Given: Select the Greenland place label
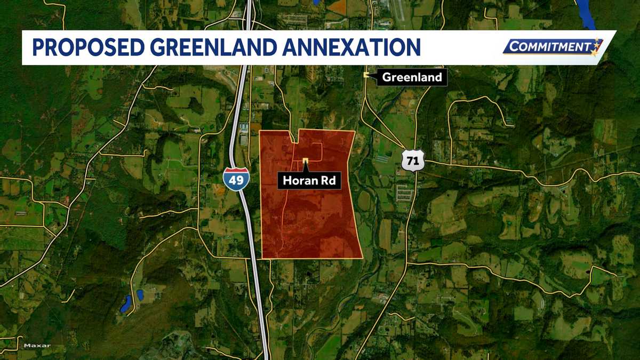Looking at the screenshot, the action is (412, 77).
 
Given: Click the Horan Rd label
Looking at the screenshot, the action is (309, 181).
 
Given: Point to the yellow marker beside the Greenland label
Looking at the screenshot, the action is (366, 75).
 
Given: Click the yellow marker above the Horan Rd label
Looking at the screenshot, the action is (305, 161).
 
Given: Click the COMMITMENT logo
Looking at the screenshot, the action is (553, 47).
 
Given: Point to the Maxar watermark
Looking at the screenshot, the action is (37, 346).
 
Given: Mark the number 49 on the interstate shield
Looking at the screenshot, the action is (235, 181).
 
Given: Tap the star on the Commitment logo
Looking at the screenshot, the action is (596, 47).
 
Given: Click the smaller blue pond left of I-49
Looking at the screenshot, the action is (140, 294).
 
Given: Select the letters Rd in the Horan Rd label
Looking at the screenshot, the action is (327, 181).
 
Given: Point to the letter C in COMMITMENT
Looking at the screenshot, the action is (514, 47).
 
